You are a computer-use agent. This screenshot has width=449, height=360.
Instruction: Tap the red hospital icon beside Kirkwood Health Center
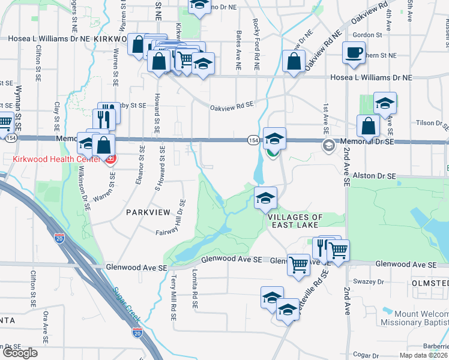[110, 160]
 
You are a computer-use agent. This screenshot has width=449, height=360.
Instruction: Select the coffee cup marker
[354, 52]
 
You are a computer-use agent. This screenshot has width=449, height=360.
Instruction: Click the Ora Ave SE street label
[45, 327]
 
